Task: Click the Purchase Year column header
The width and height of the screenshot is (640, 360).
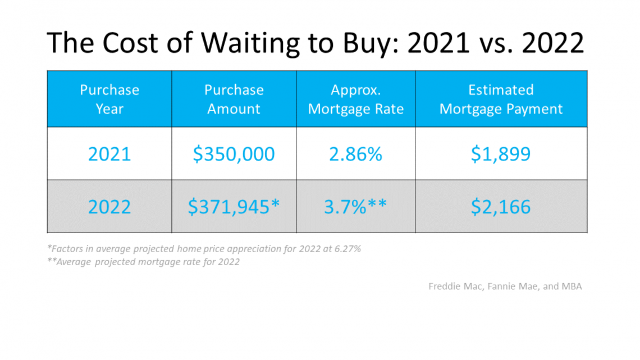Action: tap(109, 99)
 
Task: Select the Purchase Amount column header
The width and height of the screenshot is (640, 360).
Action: tap(234, 99)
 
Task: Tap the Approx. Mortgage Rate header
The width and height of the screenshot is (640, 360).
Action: tap(355, 99)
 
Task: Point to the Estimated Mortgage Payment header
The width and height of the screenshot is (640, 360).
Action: tap(501, 99)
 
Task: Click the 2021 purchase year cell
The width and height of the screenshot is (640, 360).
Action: tap(109, 154)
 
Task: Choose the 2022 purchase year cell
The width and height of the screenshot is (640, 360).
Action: tap(109, 207)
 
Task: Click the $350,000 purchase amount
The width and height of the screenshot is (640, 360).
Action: tap(234, 154)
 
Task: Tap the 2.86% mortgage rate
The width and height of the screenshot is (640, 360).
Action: tap(355, 154)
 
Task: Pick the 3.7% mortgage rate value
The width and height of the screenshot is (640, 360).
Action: tap(345, 207)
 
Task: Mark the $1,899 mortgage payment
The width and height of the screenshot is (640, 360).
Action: tap(501, 154)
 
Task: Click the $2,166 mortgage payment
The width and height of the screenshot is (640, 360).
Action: tap(501, 207)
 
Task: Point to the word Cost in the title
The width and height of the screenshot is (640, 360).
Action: tap(130, 43)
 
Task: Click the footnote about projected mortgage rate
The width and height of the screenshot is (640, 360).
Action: tap(144, 262)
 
